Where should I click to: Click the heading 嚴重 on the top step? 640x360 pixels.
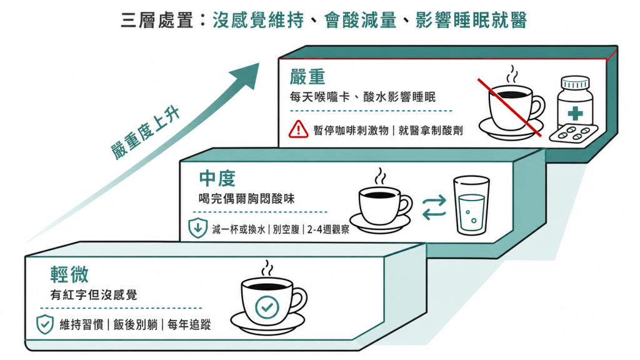click(x=307, y=77)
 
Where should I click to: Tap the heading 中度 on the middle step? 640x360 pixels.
click(x=217, y=178)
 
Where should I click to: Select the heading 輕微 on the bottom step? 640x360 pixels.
click(x=69, y=274)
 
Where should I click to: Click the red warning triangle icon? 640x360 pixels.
click(x=298, y=129)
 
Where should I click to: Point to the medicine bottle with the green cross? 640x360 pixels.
click(x=575, y=102)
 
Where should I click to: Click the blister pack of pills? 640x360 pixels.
click(x=574, y=133)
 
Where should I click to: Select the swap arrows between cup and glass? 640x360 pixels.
click(x=434, y=207)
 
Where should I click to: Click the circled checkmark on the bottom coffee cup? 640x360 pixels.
click(x=267, y=307)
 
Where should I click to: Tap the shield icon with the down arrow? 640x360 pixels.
click(x=197, y=228)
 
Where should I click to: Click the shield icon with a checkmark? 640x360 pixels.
click(x=45, y=324)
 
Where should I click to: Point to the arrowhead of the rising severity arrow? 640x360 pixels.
click(x=246, y=75)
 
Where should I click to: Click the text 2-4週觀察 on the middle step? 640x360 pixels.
click(x=328, y=229)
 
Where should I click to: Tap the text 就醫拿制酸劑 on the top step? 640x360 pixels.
click(x=431, y=130)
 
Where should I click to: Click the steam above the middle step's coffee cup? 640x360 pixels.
click(x=381, y=176)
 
